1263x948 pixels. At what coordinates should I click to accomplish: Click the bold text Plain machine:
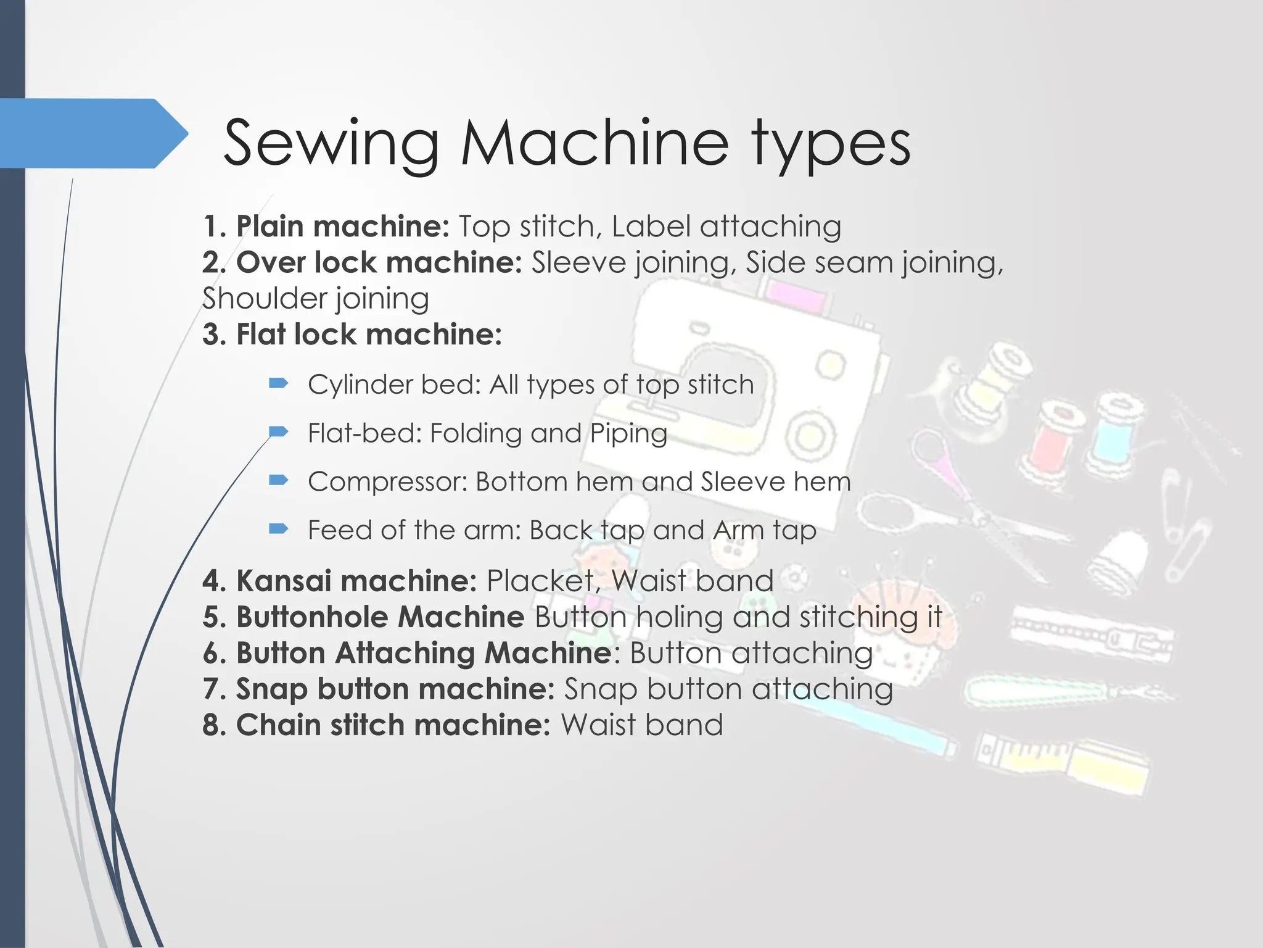click(342, 226)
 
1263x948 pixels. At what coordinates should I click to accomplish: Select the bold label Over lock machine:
click(379, 262)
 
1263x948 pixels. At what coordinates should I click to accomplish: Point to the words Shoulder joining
click(315, 299)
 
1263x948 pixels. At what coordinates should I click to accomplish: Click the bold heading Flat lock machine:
click(368, 335)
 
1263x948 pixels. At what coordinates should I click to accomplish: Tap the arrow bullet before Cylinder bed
click(279, 384)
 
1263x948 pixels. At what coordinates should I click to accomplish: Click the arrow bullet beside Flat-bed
click(279, 431)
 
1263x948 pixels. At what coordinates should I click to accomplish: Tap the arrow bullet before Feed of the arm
click(279, 528)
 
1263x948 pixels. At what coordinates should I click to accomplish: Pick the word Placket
click(540, 581)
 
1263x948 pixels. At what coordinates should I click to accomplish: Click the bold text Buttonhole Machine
click(380, 617)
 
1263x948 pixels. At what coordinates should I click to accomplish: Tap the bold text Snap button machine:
click(395, 689)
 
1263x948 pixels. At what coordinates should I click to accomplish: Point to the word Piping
click(628, 433)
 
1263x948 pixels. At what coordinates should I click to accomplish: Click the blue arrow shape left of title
click(93, 133)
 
